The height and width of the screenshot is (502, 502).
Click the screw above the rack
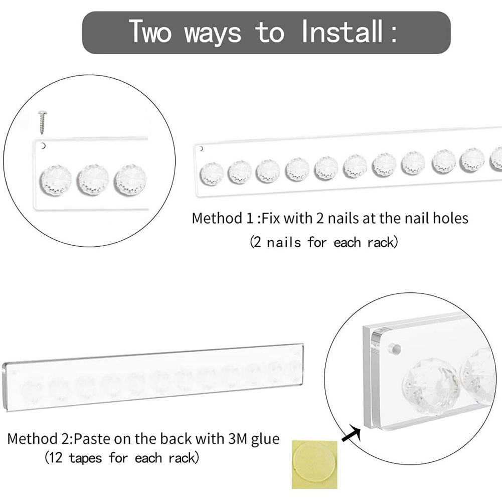coord(42,122)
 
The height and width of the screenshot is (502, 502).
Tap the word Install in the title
coord(342,32)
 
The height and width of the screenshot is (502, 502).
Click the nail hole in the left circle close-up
coord(43,146)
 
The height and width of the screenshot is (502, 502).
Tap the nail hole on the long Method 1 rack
coord(201,148)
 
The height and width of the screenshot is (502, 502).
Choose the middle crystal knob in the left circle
coord(93,180)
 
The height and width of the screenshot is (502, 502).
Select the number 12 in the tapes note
coord(56,458)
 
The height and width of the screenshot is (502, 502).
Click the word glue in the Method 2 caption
coord(265,439)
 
